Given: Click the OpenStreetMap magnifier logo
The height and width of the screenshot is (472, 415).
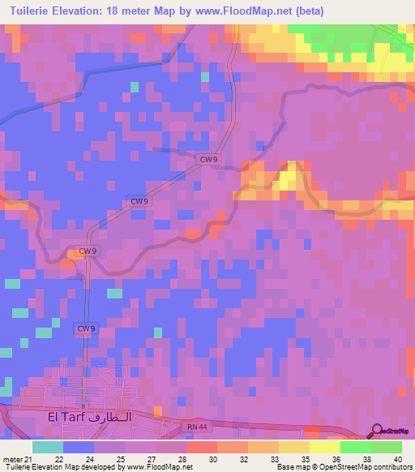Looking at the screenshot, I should [378, 430].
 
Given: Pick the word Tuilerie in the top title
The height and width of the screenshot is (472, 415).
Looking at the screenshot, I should [30, 11].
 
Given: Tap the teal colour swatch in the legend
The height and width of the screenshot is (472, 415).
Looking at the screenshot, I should [48, 447].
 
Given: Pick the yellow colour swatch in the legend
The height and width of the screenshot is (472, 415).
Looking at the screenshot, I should [325, 447].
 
